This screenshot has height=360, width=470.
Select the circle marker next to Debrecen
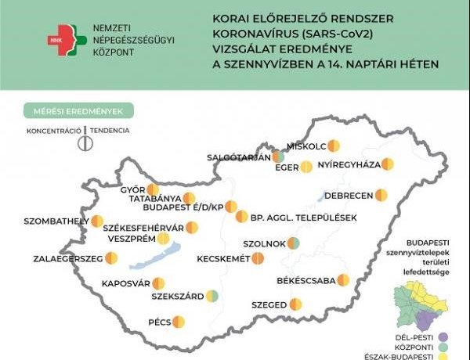[x=381, y=194]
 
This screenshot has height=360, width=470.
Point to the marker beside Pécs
[x=179, y=321]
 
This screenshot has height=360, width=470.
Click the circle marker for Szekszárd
[x=211, y=296]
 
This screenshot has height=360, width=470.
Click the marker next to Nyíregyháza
[x=387, y=164]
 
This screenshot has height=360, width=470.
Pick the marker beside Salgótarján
[x=277, y=157]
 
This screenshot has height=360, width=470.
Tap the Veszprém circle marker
[x=163, y=239]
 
